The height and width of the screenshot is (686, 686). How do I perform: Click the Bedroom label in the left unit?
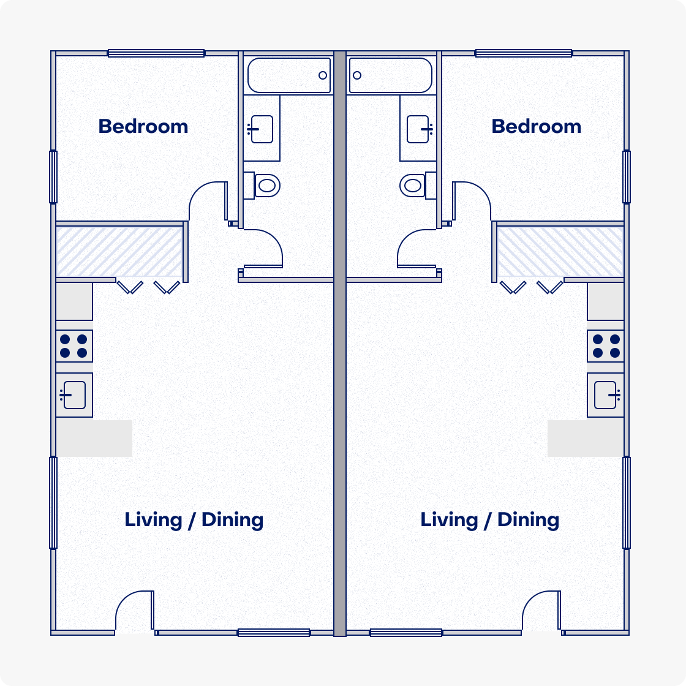[x=143, y=126]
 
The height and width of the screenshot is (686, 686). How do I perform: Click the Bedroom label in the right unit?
[x=536, y=126]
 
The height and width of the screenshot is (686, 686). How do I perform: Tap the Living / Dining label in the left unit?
[x=194, y=520]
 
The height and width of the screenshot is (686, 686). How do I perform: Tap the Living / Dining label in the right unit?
[x=489, y=520]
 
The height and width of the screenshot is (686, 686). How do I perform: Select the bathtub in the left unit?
[x=289, y=75]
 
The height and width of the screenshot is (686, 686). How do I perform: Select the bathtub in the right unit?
[x=391, y=75]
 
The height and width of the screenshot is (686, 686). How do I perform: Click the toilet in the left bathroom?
[x=266, y=185]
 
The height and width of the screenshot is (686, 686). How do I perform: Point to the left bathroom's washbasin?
[x=262, y=129]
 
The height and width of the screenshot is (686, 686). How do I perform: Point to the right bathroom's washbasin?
[x=418, y=129]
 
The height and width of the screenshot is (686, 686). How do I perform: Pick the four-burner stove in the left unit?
[x=74, y=346]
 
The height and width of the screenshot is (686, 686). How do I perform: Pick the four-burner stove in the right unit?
[x=606, y=346]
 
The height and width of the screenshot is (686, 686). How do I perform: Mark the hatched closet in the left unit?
[x=119, y=251]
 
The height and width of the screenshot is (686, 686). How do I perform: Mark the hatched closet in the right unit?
[x=560, y=251]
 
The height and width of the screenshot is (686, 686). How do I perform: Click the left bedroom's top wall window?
[x=156, y=53]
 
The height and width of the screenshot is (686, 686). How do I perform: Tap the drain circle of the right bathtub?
[x=357, y=75]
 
